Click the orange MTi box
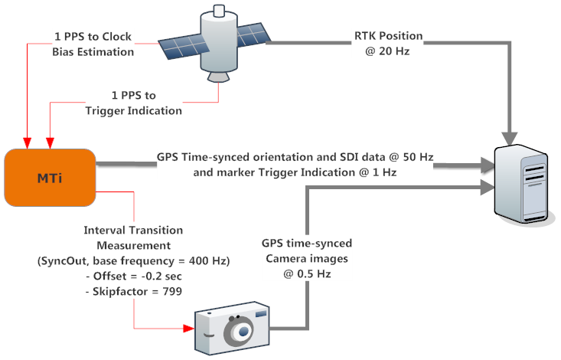click(x=50, y=178)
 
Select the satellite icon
click(x=214, y=43)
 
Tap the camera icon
click(x=232, y=328)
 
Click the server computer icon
click(x=521, y=185)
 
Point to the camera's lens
click(x=239, y=331)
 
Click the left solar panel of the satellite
click(x=184, y=47)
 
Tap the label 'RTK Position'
click(x=389, y=36)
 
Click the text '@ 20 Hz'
click(x=387, y=51)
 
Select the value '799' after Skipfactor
click(x=172, y=292)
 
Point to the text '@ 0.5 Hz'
click(x=307, y=274)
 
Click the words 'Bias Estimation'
click(x=93, y=52)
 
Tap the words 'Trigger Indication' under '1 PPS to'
click(x=133, y=111)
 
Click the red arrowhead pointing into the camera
click(x=188, y=328)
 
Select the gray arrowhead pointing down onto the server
click(x=510, y=139)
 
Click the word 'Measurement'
click(x=133, y=245)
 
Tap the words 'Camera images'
click(x=307, y=259)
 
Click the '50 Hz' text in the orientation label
click(x=418, y=157)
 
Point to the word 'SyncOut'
click(x=64, y=260)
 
